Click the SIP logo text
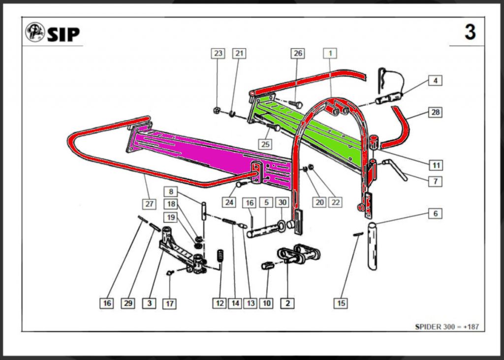(63, 34)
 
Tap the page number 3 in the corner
(470, 33)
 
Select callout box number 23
(218, 53)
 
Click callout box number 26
(297, 53)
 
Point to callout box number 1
(330, 53)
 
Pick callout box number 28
(435, 112)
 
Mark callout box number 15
(341, 303)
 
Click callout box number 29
(128, 303)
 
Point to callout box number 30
(282, 202)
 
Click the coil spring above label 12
(221, 256)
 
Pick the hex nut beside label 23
(217, 110)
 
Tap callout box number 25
(266, 144)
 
